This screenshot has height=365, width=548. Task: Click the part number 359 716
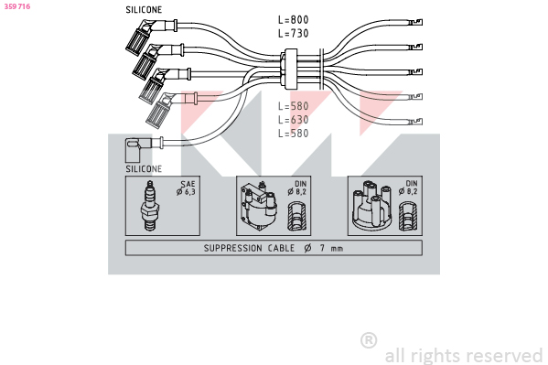point(17,6)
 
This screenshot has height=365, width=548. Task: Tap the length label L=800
point(294,19)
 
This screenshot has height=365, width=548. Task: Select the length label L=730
point(294,33)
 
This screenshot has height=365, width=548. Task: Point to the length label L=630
point(294,120)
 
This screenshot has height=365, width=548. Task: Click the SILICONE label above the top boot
point(144,10)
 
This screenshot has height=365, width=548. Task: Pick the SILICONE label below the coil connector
point(144,169)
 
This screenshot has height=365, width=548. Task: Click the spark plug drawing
point(150,206)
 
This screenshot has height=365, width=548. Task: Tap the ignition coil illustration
point(259,206)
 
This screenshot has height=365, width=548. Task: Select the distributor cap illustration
point(371,206)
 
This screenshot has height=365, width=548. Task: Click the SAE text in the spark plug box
point(188,184)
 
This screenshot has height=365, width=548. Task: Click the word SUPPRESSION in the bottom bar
point(232,248)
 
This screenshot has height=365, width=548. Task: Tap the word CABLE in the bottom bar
point(281,248)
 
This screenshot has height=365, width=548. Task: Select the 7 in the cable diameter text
point(322,248)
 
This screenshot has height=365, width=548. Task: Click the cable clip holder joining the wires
point(290,69)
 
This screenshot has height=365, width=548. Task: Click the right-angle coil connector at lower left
point(137,149)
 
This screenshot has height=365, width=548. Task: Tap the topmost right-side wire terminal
point(415,23)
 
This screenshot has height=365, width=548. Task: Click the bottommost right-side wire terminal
point(415,122)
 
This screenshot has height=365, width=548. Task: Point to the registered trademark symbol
point(369,340)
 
